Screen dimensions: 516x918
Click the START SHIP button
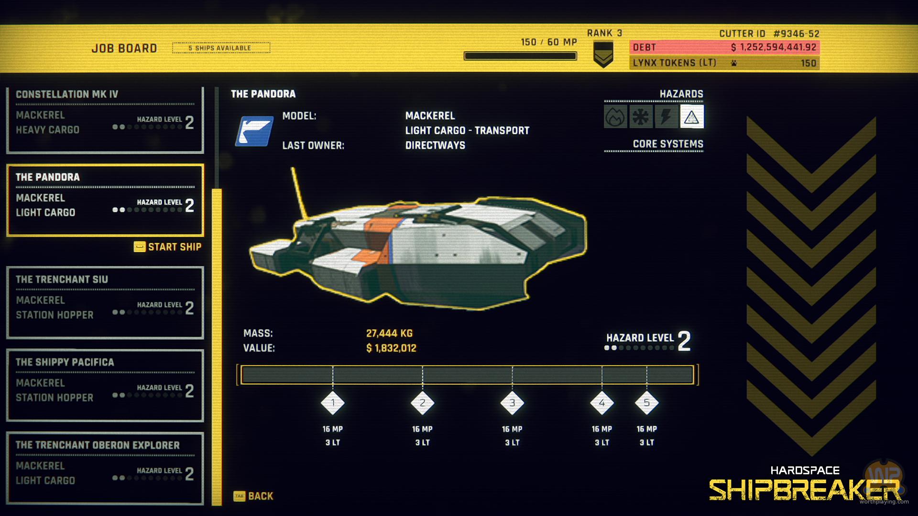(x=168, y=247)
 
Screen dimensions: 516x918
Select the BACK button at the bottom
(x=254, y=496)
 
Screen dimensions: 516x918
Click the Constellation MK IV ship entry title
(x=67, y=95)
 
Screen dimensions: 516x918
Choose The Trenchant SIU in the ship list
(x=62, y=279)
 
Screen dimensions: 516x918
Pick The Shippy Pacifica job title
(x=65, y=362)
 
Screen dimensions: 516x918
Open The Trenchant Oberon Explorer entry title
(x=98, y=445)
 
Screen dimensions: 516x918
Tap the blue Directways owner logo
(x=254, y=131)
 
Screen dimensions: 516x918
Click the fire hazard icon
(x=615, y=117)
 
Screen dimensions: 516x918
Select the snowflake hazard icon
(x=641, y=117)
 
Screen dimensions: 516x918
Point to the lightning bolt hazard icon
(x=666, y=117)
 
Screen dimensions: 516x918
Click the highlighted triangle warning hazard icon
(x=691, y=117)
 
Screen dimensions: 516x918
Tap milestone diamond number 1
(x=333, y=403)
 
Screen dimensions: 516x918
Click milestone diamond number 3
(x=512, y=403)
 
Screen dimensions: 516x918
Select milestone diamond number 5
(x=646, y=403)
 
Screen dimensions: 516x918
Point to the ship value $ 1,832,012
(x=391, y=348)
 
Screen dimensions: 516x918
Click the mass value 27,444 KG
(x=389, y=333)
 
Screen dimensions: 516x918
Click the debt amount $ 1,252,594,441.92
(x=773, y=47)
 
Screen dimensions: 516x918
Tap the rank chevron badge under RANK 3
(x=603, y=54)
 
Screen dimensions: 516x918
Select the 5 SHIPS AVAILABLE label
(x=221, y=48)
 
